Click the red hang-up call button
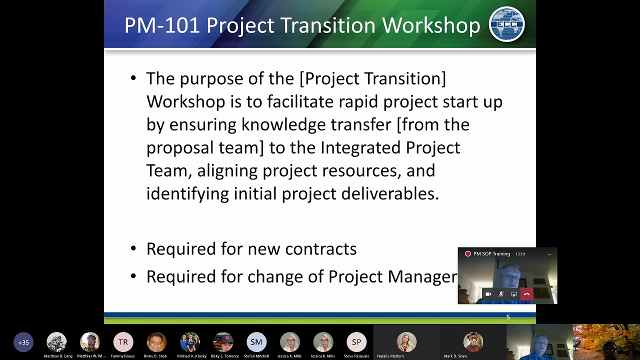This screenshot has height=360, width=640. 526,294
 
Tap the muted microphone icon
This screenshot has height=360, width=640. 501,294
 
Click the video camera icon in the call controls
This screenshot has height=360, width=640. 488,294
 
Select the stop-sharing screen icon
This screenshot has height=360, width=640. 513,294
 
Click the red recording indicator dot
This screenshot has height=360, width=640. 468,254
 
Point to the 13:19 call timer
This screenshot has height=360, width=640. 520,254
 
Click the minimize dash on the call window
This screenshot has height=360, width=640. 549,254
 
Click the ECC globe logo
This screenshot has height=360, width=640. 506,24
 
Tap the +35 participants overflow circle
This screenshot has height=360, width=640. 23,342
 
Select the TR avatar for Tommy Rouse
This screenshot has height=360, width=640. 123,342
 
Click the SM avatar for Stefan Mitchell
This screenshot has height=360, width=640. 256,342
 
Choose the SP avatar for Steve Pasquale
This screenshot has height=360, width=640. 356,342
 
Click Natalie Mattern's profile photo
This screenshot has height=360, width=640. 406,342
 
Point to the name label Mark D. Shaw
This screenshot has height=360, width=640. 455,356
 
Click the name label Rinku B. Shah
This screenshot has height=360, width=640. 155,356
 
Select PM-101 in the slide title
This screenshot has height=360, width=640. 162,25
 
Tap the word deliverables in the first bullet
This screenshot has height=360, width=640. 389,193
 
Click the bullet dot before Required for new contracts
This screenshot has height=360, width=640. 133,248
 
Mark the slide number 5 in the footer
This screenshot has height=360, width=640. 508,317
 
